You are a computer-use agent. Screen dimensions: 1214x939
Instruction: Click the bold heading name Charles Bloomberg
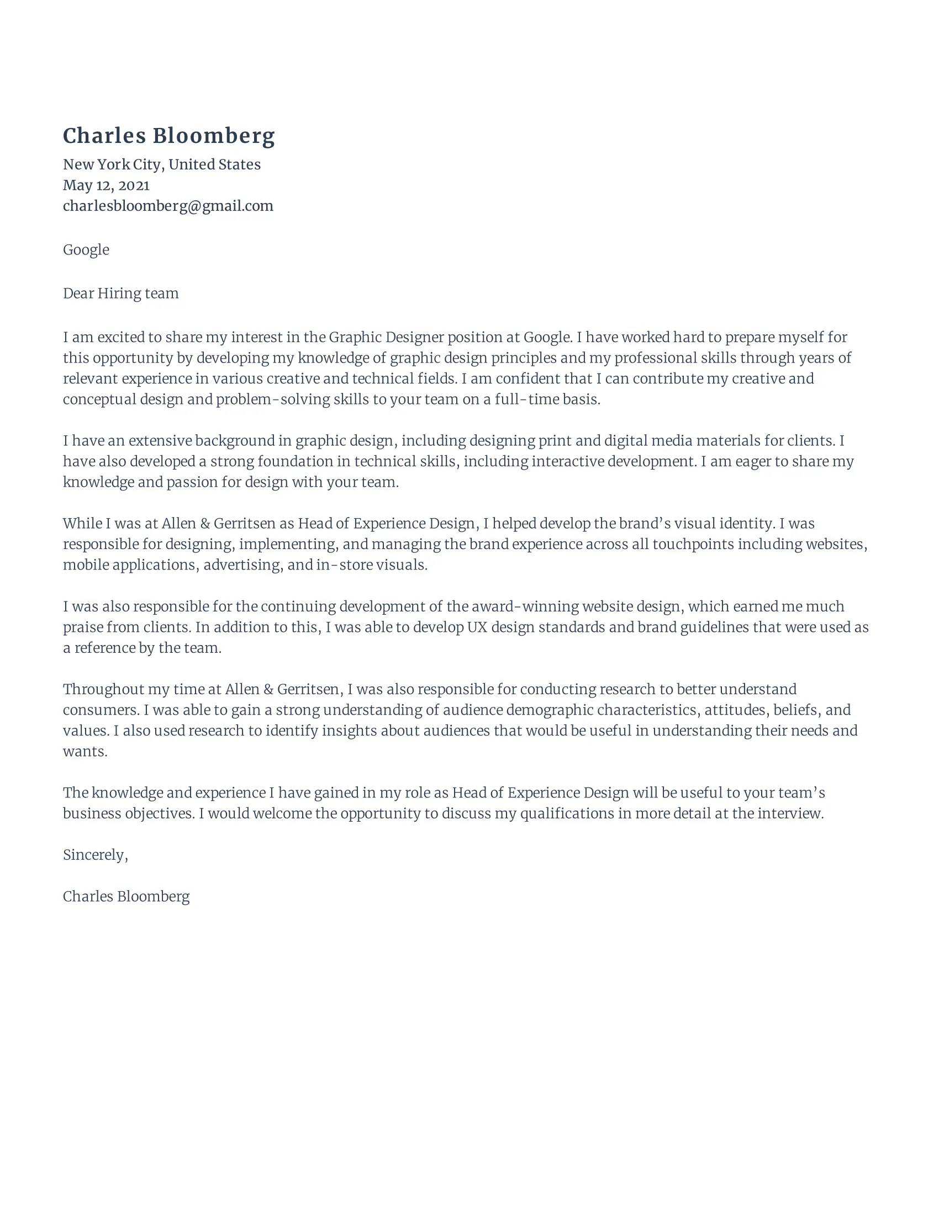[x=168, y=136]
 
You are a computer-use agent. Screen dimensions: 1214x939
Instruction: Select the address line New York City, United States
[x=161, y=164]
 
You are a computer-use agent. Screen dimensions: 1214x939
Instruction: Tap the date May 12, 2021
[x=105, y=185]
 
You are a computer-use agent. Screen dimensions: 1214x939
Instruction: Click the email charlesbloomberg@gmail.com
[x=168, y=206]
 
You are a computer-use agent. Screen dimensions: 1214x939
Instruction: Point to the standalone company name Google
[x=86, y=249]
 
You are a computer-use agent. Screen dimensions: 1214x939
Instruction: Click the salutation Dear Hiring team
[x=121, y=294]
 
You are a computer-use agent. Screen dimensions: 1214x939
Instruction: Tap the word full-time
[x=527, y=400]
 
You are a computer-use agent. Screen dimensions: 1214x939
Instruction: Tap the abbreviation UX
[x=477, y=627]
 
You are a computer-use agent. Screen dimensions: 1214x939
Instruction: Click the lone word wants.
[x=85, y=752]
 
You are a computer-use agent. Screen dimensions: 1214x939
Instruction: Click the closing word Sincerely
[x=94, y=855]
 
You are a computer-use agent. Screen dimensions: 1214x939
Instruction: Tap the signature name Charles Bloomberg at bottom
[x=126, y=897]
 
